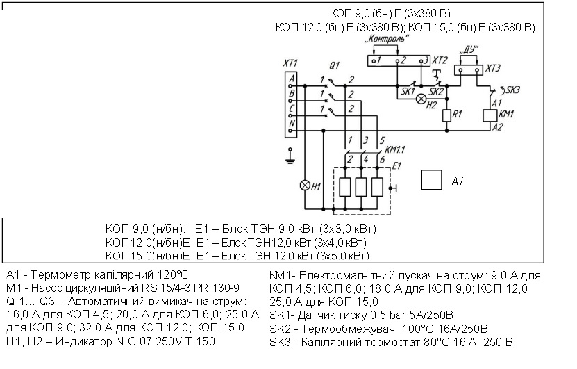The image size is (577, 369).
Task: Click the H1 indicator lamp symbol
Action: pos(303,186)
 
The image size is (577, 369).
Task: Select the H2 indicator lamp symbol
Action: pos(420,98)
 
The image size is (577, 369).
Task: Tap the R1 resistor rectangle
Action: pos(448,115)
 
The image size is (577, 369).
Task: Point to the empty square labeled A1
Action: pos(432,180)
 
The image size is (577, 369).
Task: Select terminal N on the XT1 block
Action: pos(292,124)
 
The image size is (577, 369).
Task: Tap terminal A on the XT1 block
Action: pos(292,78)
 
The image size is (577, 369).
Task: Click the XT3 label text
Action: pos(492,67)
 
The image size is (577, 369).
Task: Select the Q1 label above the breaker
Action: pos(334,66)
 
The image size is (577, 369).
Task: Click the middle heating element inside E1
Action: pos(361,188)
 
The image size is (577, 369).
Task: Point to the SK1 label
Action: pos(408,91)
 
